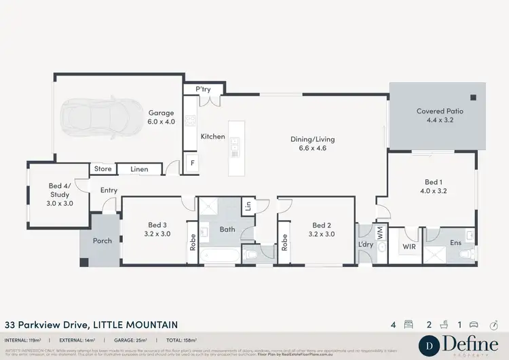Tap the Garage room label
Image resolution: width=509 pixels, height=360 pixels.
click(x=162, y=118)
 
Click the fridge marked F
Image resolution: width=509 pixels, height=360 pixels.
click(x=193, y=164)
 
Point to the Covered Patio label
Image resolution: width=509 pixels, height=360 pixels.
click(x=440, y=115)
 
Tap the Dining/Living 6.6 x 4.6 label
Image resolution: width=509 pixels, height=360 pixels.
click(x=313, y=143)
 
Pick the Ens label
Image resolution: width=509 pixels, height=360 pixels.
click(x=455, y=242)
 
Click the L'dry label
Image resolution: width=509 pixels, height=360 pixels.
click(x=363, y=245)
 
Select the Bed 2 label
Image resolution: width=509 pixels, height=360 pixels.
click(x=322, y=230)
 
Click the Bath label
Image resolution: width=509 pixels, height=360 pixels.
click(x=227, y=230)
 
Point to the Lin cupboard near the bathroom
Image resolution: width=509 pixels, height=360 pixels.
click(x=248, y=205)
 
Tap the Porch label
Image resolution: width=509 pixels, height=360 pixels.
click(x=102, y=240)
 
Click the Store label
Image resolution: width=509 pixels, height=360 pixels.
click(x=103, y=168)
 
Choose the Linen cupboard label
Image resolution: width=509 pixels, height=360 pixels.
click(x=139, y=168)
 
